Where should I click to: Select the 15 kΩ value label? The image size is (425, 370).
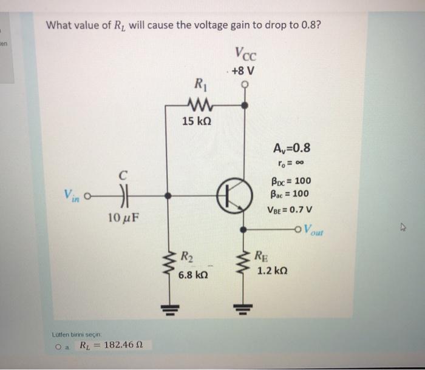pyautogui.click(x=197, y=122)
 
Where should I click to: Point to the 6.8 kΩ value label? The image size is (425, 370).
pyautogui.click(x=193, y=275)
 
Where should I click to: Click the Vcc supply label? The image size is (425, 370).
pyautogui.click(x=245, y=55)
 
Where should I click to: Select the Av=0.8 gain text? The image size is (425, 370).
pyautogui.click(x=288, y=149)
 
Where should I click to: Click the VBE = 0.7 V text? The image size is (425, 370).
pyautogui.click(x=288, y=210)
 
